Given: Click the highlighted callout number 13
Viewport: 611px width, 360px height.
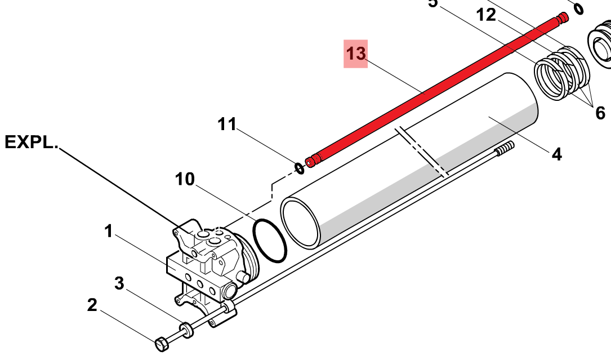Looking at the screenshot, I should coord(356,54).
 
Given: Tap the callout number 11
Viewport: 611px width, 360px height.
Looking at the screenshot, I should coord(228,124).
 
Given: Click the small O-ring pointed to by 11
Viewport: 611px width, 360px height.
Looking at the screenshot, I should coord(300,167).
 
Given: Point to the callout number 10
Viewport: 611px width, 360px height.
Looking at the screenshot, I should coord(185,180).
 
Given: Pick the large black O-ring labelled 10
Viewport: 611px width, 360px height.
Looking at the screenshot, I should coord(269,240).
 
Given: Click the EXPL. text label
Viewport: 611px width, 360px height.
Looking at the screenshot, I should coord(31,143).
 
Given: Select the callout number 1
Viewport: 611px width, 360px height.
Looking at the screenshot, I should coord(108,231).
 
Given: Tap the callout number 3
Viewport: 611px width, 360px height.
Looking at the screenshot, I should coord(119,283).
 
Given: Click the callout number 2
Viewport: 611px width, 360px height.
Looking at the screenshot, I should coord(92,305).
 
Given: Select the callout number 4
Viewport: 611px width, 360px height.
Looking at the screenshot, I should coord(556,154).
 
